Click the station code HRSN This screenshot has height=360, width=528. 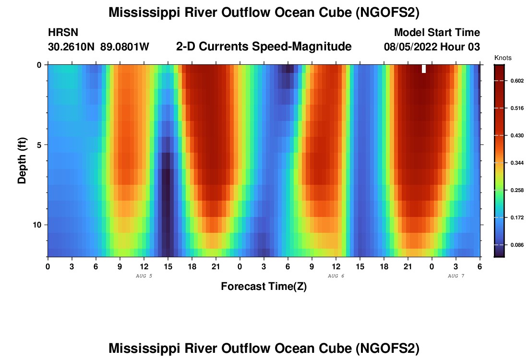click(x=63, y=33)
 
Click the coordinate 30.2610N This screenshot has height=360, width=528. click(x=72, y=47)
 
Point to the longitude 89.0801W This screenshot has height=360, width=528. click(x=125, y=47)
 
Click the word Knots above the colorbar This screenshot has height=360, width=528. click(x=503, y=58)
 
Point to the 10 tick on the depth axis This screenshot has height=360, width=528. click(x=39, y=225)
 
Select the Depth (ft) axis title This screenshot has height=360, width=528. click(x=22, y=161)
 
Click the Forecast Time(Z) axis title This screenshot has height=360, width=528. click(x=264, y=287)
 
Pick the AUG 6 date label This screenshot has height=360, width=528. click(x=336, y=276)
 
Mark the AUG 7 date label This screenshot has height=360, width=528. click(x=456, y=276)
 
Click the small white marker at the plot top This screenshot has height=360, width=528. click(x=424, y=69)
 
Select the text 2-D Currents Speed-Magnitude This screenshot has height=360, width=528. click(x=264, y=47)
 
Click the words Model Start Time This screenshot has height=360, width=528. click(x=437, y=33)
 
